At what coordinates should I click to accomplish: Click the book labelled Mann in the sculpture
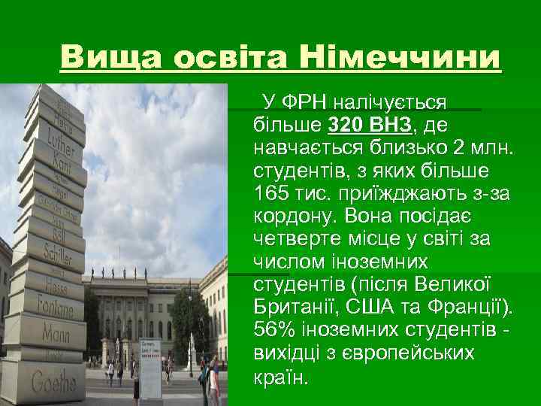point(53,332)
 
